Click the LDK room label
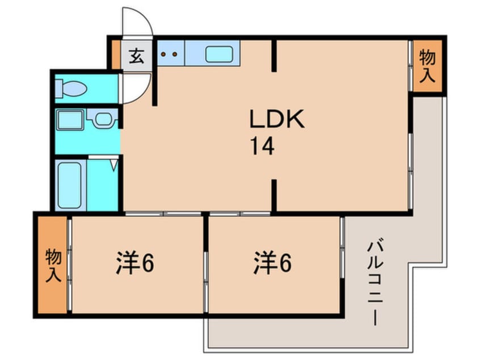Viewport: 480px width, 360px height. pyautogui.click(x=277, y=119)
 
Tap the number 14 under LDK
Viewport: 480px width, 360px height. pyautogui.click(x=262, y=146)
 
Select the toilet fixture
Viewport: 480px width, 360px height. pyautogui.click(x=71, y=89)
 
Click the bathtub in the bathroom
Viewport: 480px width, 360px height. pyautogui.click(x=70, y=185)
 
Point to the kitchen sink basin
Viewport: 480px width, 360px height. pyautogui.click(x=219, y=55)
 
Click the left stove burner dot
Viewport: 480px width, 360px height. pyautogui.click(x=163, y=55)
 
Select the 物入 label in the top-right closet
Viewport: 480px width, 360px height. pyautogui.click(x=427, y=66)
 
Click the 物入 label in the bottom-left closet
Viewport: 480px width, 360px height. pyautogui.click(x=53, y=265)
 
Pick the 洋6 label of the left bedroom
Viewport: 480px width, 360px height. pyautogui.click(x=135, y=263)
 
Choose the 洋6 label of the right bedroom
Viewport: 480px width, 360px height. pyautogui.click(x=272, y=263)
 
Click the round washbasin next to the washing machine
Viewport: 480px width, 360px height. pyautogui.click(x=103, y=119)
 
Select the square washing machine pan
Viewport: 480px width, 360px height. pyautogui.click(x=70, y=119)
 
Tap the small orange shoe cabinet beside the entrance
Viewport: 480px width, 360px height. pyautogui.click(x=116, y=55)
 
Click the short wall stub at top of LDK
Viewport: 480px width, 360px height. pyautogui.click(x=274, y=56)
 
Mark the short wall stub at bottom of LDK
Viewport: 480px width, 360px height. pyautogui.click(x=274, y=195)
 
